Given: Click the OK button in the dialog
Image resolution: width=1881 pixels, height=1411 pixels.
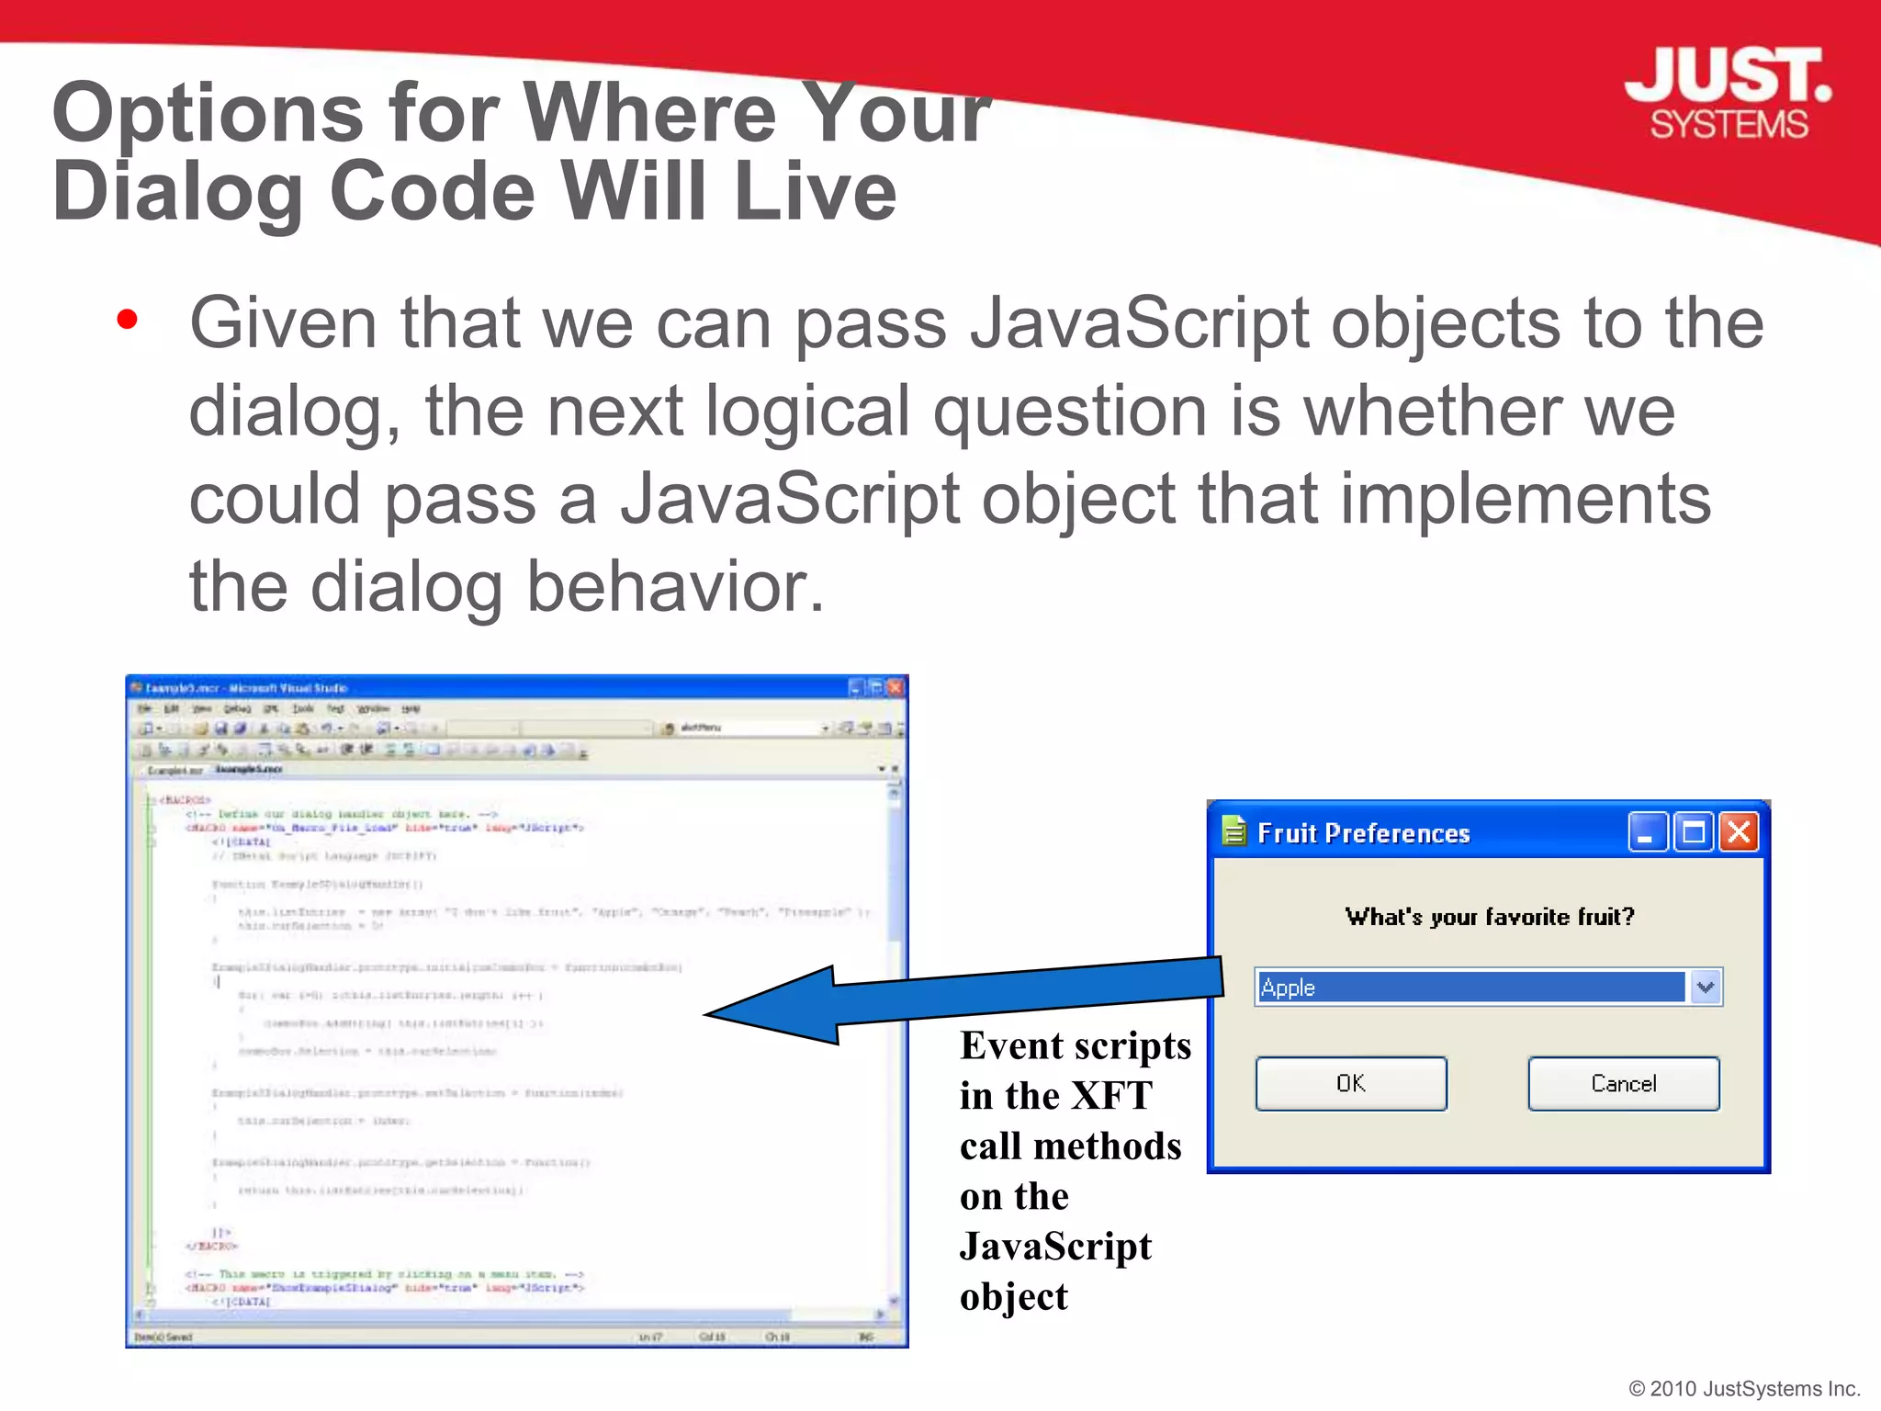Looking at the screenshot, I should click(1350, 1084).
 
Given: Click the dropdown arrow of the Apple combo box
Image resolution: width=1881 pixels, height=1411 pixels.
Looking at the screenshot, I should click(1706, 988).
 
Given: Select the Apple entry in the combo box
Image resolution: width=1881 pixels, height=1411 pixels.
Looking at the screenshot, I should click(1470, 988).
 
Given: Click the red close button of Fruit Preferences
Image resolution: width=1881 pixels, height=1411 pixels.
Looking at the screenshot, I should click(1739, 832).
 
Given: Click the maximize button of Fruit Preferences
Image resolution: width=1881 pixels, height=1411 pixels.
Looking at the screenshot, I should click(1693, 832).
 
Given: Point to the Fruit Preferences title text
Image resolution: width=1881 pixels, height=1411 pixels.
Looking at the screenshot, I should click(1363, 833).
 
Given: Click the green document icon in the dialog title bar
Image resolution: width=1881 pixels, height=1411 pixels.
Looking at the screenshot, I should click(1234, 830).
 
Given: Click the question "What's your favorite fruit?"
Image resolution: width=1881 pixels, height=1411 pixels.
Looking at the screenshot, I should click(1489, 917).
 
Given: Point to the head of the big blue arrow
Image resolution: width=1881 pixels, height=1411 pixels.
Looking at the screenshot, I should click(735, 1012).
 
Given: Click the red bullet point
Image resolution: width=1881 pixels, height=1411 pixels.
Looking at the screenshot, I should click(128, 321).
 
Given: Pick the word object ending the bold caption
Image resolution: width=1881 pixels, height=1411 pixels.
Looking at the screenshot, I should click(1013, 1297).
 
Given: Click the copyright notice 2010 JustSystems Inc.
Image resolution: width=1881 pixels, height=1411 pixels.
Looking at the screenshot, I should click(1744, 1388).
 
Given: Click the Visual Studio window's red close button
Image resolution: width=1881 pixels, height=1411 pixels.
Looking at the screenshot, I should click(895, 687).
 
